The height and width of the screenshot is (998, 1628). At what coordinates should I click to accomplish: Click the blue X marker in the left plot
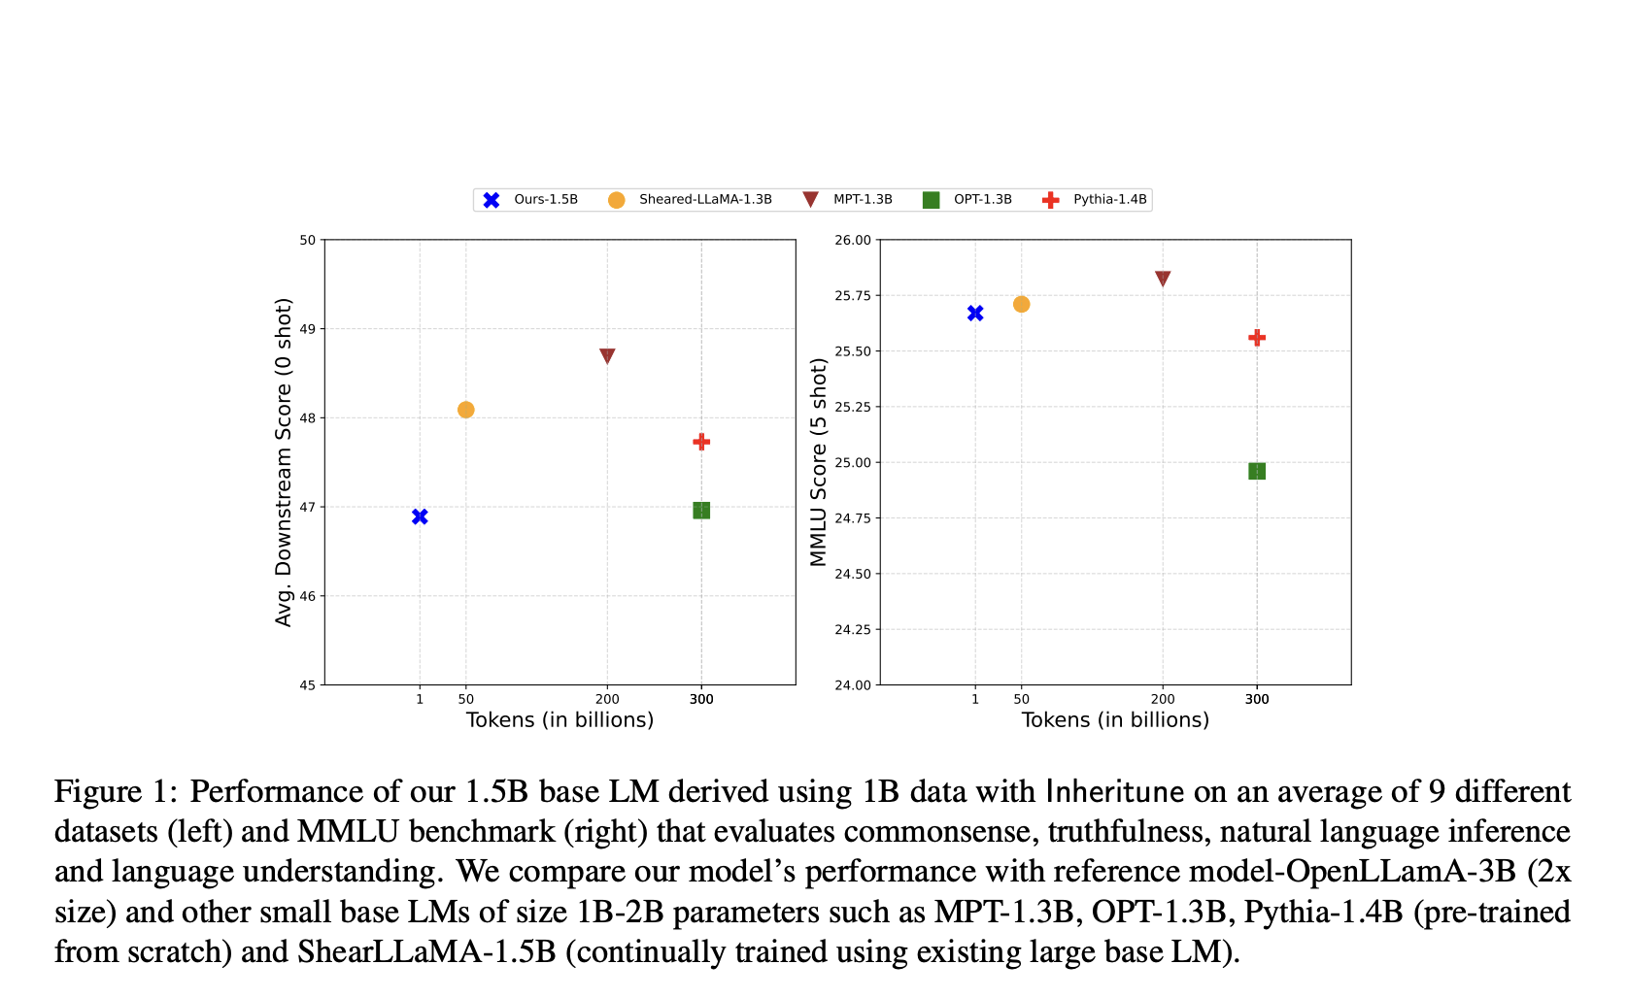(420, 516)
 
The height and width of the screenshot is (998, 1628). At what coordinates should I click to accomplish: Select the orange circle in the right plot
(1021, 304)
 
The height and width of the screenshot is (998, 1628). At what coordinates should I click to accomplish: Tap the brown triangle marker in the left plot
(607, 356)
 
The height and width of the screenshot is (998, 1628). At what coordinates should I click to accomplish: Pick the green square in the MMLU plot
(1257, 471)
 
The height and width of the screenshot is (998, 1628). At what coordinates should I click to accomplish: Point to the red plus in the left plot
(701, 442)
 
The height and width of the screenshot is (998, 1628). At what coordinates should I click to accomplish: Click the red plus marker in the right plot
(1257, 338)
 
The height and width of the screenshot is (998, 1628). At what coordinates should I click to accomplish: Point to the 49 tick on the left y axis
(307, 329)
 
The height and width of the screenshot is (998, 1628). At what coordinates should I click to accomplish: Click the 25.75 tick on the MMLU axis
(853, 296)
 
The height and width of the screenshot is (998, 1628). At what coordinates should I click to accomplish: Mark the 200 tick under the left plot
(607, 699)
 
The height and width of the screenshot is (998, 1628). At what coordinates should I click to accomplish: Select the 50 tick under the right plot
(1021, 699)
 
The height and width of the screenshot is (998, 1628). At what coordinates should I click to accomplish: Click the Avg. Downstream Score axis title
(284, 462)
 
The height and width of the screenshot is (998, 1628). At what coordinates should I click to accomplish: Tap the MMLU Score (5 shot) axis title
(819, 462)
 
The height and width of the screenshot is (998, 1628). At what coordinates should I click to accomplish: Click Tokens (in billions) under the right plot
(1115, 720)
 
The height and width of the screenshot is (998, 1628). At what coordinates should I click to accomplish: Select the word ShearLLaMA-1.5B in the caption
(426, 951)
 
